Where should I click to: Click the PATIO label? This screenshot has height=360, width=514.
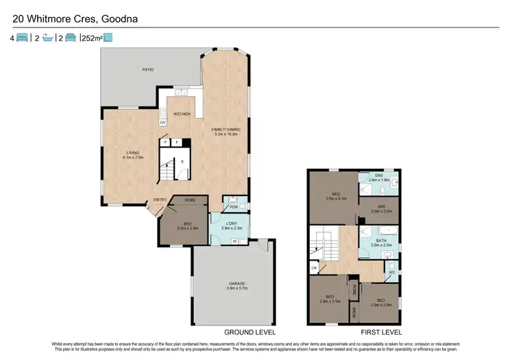pyautogui.click(x=147, y=70)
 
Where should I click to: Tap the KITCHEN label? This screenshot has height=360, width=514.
pyautogui.click(x=182, y=114)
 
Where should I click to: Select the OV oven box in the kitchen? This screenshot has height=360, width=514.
pyautogui.click(x=163, y=122)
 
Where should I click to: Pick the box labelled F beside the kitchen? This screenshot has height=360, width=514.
pyautogui.click(x=176, y=142)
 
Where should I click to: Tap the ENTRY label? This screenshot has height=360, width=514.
pyautogui.click(x=160, y=200)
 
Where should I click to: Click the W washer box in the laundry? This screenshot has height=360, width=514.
pyautogui.click(x=235, y=241)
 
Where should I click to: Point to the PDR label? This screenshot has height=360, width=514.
pyautogui.click(x=234, y=206)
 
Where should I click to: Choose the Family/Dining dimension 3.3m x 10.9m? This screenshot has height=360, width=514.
pyautogui.click(x=226, y=134)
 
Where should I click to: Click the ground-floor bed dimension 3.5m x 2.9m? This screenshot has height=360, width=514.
pyautogui.click(x=187, y=228)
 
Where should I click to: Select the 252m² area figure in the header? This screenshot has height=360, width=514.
pyautogui.click(x=91, y=38)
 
